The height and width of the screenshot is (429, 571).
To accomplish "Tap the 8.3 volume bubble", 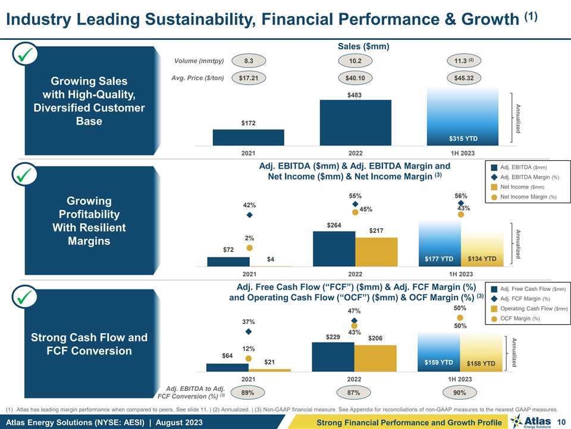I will (249, 61).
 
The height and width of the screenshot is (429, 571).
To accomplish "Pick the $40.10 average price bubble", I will (354, 77).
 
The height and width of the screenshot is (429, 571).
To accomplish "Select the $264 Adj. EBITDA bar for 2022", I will (334, 248).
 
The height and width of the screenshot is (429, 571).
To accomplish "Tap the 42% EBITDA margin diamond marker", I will (250, 215).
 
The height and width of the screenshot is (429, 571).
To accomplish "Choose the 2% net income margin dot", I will (250, 248).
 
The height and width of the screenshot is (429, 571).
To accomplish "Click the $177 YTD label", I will (440, 259).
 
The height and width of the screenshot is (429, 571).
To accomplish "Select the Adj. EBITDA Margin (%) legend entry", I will (521, 177).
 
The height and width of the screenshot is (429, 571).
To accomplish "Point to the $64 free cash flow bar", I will (228, 367).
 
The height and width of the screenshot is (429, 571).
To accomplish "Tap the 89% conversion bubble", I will (249, 393).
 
